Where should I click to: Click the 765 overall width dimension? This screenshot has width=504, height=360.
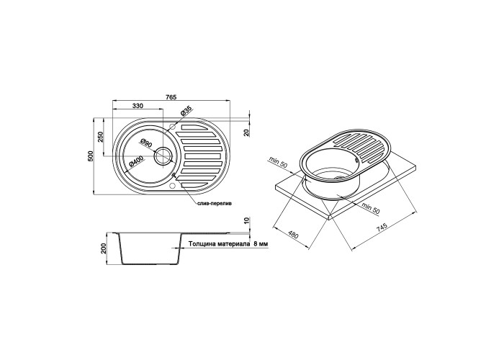171,97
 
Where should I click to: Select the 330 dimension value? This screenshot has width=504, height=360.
138,106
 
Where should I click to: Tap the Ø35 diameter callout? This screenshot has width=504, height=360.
186,111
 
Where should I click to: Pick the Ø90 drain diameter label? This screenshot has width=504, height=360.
146,143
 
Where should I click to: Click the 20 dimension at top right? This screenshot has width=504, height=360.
246,132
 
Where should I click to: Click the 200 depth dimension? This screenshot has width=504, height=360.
104,248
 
